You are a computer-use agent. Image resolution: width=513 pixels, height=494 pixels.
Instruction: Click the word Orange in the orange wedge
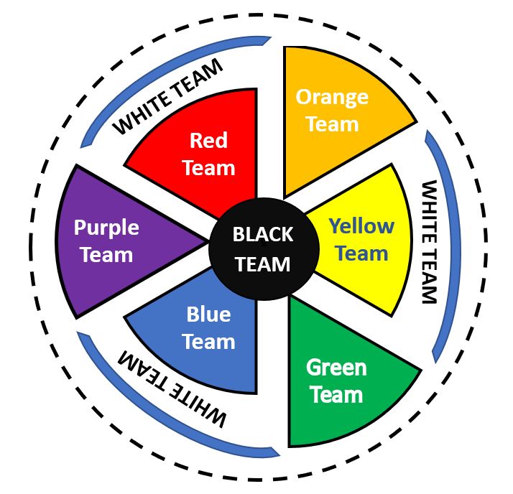pyautogui.click(x=332, y=98)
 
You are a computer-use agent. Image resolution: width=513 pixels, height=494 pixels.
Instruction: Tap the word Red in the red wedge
pyautogui.click(x=208, y=140)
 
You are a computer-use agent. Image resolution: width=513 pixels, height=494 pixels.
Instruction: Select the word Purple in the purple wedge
pyautogui.click(x=106, y=228)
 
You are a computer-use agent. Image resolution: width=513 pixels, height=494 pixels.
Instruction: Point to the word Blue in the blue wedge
pyautogui.click(x=208, y=314)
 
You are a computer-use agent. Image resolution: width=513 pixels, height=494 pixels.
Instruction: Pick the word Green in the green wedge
pyautogui.click(x=336, y=368)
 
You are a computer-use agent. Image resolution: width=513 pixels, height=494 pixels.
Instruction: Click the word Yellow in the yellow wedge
pyautogui.click(x=361, y=227)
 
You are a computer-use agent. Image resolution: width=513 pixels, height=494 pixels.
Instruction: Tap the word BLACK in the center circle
pyautogui.click(x=262, y=235)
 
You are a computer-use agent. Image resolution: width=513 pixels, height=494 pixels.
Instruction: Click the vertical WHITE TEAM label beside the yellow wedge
pyautogui.click(x=428, y=242)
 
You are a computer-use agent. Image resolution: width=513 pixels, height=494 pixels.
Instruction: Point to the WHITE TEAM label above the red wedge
pyautogui.click(x=168, y=96)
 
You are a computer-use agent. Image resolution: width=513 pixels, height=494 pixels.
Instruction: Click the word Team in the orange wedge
pyautogui.click(x=332, y=124)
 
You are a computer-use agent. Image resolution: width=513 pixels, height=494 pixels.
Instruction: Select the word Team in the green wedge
pyautogui.click(x=336, y=395)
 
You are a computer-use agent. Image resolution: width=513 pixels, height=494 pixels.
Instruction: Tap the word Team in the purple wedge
pyautogui.click(x=106, y=255)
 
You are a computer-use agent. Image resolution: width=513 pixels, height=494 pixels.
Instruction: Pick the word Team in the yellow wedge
pyautogui.click(x=361, y=254)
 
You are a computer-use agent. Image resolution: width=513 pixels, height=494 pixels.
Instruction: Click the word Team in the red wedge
pyautogui.click(x=208, y=168)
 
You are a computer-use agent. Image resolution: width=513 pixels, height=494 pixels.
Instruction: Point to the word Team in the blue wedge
pyautogui.click(x=208, y=342)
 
